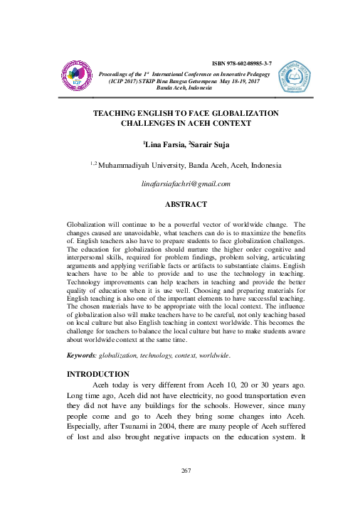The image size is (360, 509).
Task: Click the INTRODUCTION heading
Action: click(97, 373)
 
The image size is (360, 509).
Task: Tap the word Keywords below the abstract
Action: click(80, 353)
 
